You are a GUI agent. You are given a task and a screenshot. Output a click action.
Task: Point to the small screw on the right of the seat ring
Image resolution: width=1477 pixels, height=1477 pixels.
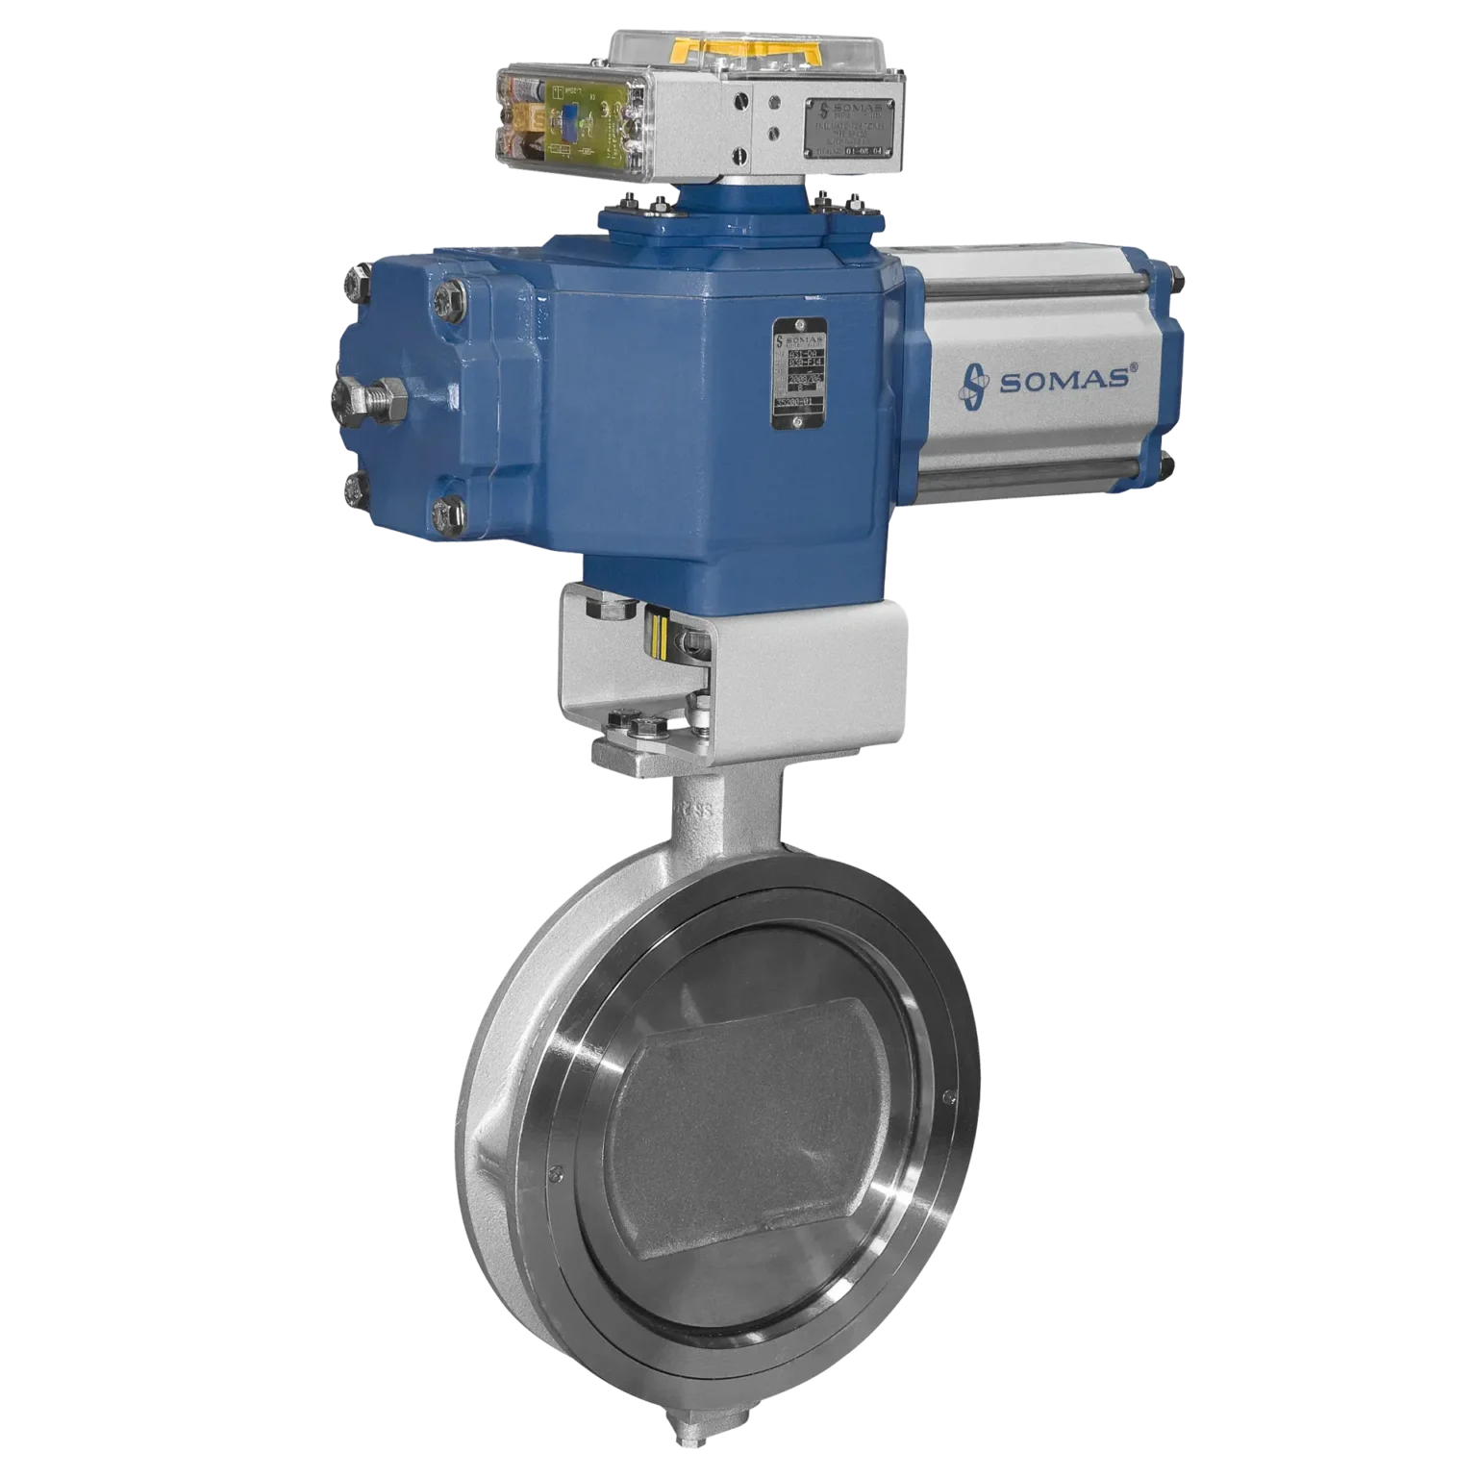tap(949, 1096)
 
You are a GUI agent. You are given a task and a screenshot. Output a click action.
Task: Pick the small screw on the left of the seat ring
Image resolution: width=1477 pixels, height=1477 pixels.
tap(554, 1171)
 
